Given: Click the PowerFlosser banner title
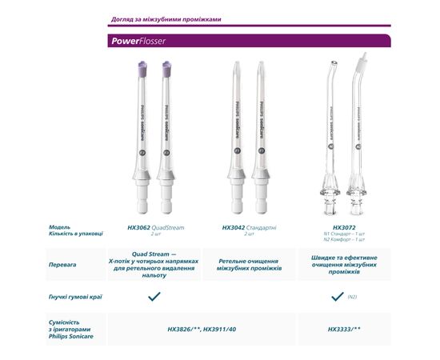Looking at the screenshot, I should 137,41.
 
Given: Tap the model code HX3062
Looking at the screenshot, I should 138,227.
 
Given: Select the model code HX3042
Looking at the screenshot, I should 233,227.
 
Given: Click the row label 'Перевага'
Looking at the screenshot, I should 63,263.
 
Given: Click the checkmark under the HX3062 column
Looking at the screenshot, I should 155,296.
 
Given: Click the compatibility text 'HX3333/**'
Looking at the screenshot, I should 345,329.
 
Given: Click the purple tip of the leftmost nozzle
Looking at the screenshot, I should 142,70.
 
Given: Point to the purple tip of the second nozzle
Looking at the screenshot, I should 167,70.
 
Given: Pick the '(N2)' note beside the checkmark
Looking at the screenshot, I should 351,297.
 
